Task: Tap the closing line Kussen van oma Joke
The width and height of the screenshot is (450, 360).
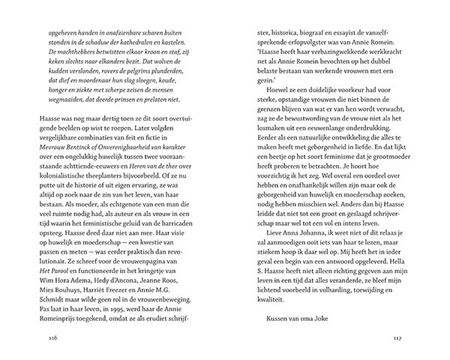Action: [285, 317]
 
